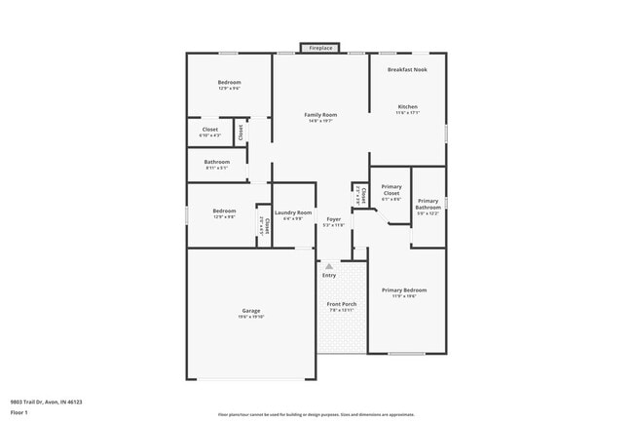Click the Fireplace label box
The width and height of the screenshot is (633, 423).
[320, 48]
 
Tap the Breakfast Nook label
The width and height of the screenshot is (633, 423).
[407, 69]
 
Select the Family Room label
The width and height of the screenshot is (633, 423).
[320, 115]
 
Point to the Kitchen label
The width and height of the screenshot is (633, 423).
[407, 106]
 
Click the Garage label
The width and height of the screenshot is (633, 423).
[251, 310]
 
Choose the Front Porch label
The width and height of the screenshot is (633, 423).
[341, 304]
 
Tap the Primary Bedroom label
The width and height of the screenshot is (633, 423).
[404, 289]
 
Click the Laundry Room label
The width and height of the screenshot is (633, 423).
[293, 212]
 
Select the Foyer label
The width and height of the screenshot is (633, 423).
[334, 219]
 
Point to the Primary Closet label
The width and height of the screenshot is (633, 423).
[391, 190]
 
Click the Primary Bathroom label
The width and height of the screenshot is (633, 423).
[428, 204]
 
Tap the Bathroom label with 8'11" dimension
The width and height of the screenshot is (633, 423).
[217, 162]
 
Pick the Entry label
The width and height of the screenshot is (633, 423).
[329, 275]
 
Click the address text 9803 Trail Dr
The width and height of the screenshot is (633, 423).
[47, 402]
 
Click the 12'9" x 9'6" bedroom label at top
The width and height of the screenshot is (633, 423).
[229, 83]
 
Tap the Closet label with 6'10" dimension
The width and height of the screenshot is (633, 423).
[210, 130]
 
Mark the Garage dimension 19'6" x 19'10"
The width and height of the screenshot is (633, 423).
[251, 317]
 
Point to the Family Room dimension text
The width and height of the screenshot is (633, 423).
[320, 122]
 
